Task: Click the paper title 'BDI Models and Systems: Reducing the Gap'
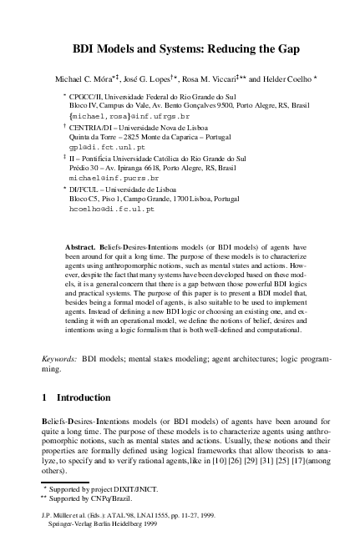point(180,50)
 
